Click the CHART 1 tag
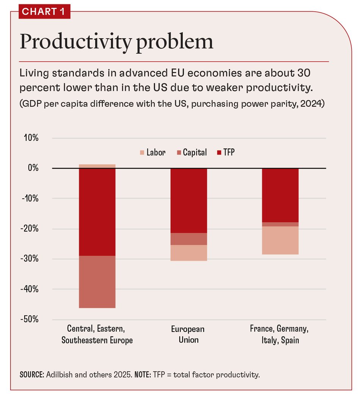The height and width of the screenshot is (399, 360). [44, 12]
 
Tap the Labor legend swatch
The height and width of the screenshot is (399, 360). [142, 153]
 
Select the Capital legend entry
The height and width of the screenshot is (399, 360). [191, 153]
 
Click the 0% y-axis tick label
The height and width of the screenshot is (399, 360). [33, 168]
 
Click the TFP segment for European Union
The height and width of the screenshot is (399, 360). [189, 201]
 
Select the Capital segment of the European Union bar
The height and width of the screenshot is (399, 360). [189, 239]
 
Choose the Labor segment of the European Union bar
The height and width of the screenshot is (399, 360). [189, 253]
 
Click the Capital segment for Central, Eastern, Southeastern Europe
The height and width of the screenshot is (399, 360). [97, 282]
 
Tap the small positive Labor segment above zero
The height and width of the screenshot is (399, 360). [97, 166]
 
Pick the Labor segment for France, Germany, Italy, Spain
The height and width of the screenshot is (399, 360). [280, 240]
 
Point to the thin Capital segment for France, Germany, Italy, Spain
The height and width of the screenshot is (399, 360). [280, 224]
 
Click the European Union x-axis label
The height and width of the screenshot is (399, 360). [189, 334]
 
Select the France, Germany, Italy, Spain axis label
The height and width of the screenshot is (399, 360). [280, 334]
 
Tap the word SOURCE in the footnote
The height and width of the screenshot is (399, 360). [31, 375]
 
